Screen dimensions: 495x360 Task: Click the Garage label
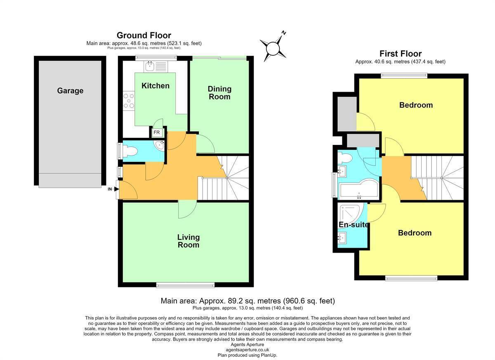pos(70,91)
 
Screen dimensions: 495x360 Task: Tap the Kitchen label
pos(156,86)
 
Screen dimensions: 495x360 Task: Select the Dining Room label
pos(219,93)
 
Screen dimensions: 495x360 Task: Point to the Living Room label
pos(189,241)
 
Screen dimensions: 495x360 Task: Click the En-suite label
pos(354,225)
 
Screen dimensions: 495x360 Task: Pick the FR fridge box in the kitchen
pos(157,133)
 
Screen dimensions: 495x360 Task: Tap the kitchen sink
pos(156,66)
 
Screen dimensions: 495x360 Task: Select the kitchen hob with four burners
pos(129,101)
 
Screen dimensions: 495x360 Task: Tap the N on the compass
pos(284,33)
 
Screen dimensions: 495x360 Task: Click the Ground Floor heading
pos(144,36)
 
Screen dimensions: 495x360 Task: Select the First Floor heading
pos(401,54)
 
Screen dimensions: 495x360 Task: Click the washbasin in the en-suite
pos(342,238)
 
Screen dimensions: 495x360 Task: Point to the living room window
pos(185,285)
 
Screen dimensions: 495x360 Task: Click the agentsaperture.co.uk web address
pos(247,350)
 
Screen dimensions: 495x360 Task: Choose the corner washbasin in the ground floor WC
pos(160,145)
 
